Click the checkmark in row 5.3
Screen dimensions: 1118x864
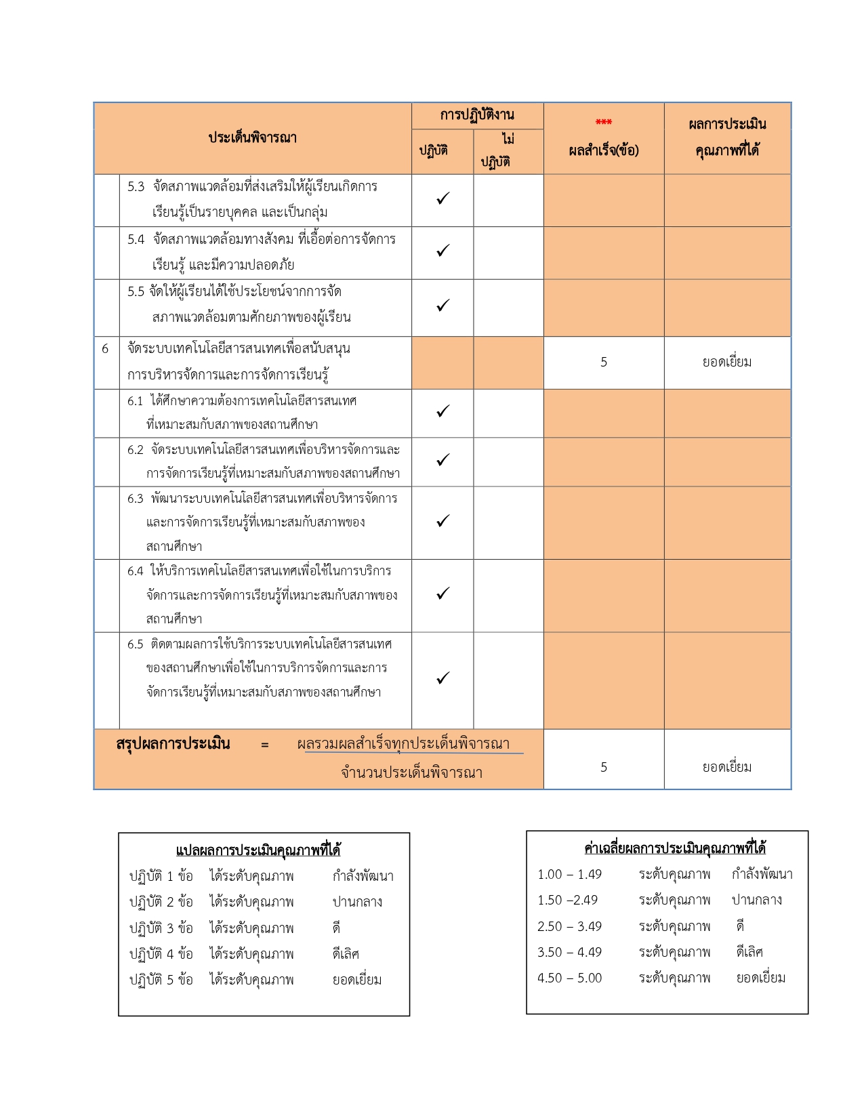[x=443, y=199]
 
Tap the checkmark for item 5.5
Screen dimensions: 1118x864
[x=443, y=306]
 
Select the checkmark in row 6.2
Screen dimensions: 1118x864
[x=443, y=460]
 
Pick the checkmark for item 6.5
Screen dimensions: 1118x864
[x=443, y=678]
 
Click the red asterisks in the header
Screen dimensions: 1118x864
[x=603, y=123]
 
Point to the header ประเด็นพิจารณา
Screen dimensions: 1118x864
[x=252, y=138]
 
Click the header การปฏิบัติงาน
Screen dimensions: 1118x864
[x=477, y=115]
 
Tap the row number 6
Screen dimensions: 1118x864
[x=105, y=349]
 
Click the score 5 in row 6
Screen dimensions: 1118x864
[x=603, y=363]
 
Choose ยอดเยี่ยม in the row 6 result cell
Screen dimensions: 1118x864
[x=727, y=363]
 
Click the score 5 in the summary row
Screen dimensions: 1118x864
[x=603, y=767]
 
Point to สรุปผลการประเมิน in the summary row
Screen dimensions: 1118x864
[x=173, y=744]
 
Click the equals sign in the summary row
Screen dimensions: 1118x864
[x=264, y=745]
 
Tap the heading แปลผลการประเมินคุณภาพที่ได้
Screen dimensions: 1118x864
[x=258, y=850]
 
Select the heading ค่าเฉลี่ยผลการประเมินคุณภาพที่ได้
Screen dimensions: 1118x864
[x=675, y=848]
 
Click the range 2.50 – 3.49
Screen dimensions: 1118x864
[x=569, y=926]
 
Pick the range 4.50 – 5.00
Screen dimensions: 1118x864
[x=569, y=978]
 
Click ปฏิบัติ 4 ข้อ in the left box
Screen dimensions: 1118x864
[x=161, y=954]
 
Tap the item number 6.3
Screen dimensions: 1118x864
[x=136, y=499]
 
